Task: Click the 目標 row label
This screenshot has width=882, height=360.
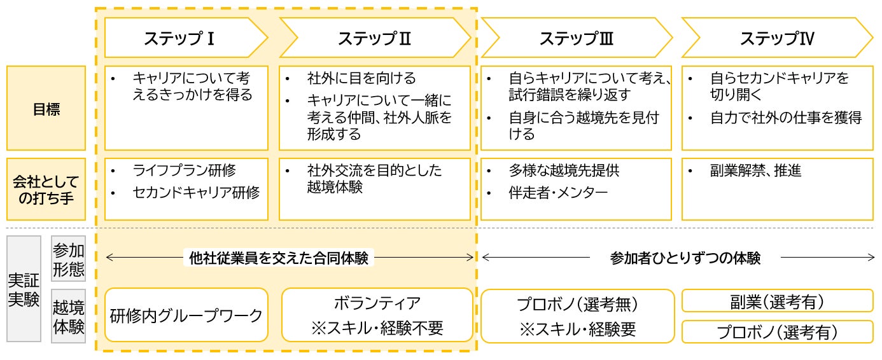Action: [x=46, y=108]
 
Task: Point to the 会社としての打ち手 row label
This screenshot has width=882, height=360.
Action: [x=46, y=190]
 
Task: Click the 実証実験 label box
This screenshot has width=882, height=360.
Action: [x=24, y=289]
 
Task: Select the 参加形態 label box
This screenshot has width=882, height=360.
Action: [x=68, y=259]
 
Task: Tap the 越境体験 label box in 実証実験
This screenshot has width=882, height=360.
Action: [x=68, y=316]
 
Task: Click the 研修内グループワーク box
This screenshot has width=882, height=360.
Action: [x=186, y=315]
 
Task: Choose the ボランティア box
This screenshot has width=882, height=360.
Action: [x=377, y=315]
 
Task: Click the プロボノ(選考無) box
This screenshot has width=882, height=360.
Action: [x=577, y=315]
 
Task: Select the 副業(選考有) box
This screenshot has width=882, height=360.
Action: [x=777, y=301]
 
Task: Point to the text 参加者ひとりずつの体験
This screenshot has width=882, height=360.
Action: [x=685, y=258]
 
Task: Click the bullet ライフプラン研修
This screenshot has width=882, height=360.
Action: [x=184, y=170]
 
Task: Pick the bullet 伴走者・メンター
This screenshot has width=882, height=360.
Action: [x=558, y=192]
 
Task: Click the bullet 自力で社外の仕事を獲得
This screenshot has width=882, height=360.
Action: [x=785, y=118]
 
